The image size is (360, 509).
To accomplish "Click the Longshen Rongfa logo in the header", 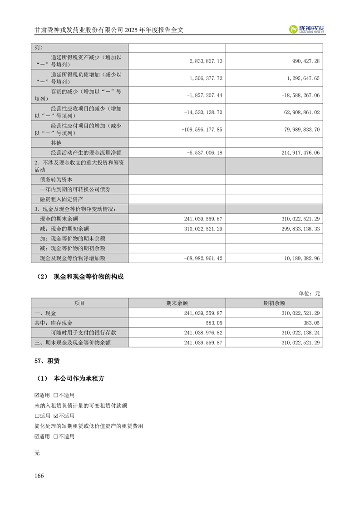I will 307,29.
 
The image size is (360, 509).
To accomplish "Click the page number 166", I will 39,475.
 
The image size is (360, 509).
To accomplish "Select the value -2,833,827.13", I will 204,61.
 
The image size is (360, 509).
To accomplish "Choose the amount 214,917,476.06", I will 299,153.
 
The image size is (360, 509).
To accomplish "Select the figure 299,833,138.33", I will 299,229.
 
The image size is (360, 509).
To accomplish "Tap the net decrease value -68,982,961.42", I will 203,258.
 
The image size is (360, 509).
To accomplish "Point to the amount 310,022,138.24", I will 299,333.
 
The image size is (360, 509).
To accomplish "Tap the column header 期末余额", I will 177,303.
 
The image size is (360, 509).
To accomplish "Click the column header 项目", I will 79,303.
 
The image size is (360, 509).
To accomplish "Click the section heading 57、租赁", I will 47,362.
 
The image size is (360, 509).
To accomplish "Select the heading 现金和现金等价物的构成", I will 89,276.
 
